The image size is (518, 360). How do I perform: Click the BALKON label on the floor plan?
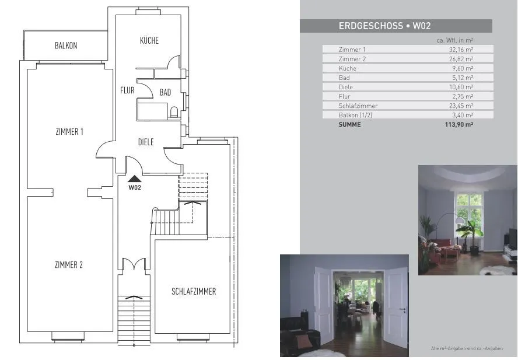[x=66, y=46]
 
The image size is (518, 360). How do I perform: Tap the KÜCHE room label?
[x=149, y=40]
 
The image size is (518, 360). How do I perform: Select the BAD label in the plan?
[x=165, y=92]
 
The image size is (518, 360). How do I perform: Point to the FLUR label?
[x=127, y=90]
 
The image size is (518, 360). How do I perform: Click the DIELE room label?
[x=146, y=142]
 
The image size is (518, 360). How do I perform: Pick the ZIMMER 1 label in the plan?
[x=69, y=131]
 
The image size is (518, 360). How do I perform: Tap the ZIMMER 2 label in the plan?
[x=69, y=265]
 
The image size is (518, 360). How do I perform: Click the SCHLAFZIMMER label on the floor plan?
[x=194, y=292]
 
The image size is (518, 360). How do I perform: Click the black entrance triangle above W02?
[x=134, y=179]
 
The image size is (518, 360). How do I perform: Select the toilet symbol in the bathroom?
[x=174, y=112]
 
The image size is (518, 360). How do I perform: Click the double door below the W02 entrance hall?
[x=134, y=264]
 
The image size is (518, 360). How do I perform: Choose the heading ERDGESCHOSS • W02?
[x=385, y=26]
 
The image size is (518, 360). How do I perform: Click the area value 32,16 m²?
[x=461, y=50]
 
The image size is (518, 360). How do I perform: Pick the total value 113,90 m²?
[x=459, y=125]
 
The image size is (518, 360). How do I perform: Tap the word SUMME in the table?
[x=349, y=125]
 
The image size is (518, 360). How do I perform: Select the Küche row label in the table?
[x=348, y=68]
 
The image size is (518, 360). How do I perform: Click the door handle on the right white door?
[x=402, y=310]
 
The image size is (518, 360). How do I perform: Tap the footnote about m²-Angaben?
[x=467, y=348]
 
